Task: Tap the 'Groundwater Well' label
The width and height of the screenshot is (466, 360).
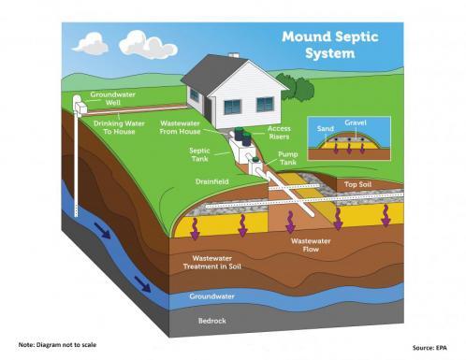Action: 109,98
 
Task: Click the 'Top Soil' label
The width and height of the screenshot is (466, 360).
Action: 359,185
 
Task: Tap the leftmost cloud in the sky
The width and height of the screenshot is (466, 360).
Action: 91,43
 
